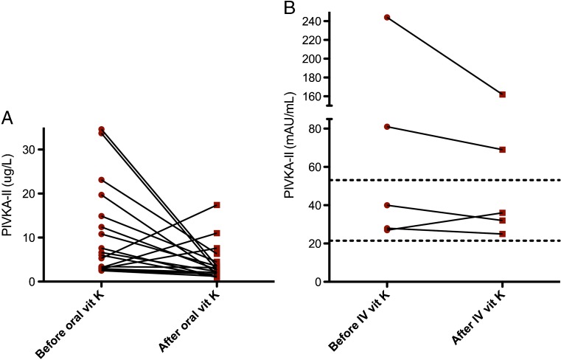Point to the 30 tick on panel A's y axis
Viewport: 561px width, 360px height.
(32, 149)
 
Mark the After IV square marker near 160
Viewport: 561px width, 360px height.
(502, 94)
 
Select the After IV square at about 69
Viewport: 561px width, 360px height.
(502, 150)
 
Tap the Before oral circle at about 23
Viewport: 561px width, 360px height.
(101, 180)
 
